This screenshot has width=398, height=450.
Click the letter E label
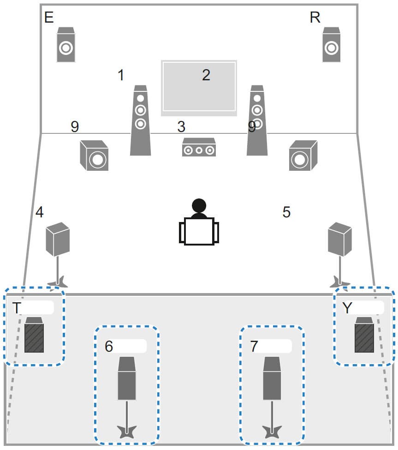pyautogui.click(x=48, y=18)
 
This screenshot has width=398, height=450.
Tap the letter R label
pyautogui.click(x=315, y=18)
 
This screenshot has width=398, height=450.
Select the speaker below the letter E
pyautogui.click(x=65, y=45)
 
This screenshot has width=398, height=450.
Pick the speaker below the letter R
pyautogui.click(x=331, y=45)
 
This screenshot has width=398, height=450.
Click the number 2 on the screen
pyautogui.click(x=206, y=75)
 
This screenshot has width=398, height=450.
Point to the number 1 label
pyautogui.click(x=121, y=75)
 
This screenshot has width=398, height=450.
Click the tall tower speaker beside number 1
pyautogui.click(x=141, y=121)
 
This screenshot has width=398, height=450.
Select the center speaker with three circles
pyautogui.click(x=199, y=148)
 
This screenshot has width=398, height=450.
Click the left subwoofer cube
pyautogui.click(x=95, y=156)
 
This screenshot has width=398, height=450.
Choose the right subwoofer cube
pyautogui.click(x=303, y=156)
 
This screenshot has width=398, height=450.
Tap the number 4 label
pyautogui.click(x=40, y=212)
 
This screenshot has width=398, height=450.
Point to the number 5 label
pyautogui.click(x=286, y=212)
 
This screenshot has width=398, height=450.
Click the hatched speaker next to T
pyautogui.click(x=34, y=336)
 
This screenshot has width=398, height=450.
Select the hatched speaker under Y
pyautogui.click(x=364, y=336)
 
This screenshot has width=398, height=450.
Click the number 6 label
pyautogui.click(x=109, y=347)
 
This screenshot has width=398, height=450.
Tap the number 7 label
pyautogui.click(x=254, y=347)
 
